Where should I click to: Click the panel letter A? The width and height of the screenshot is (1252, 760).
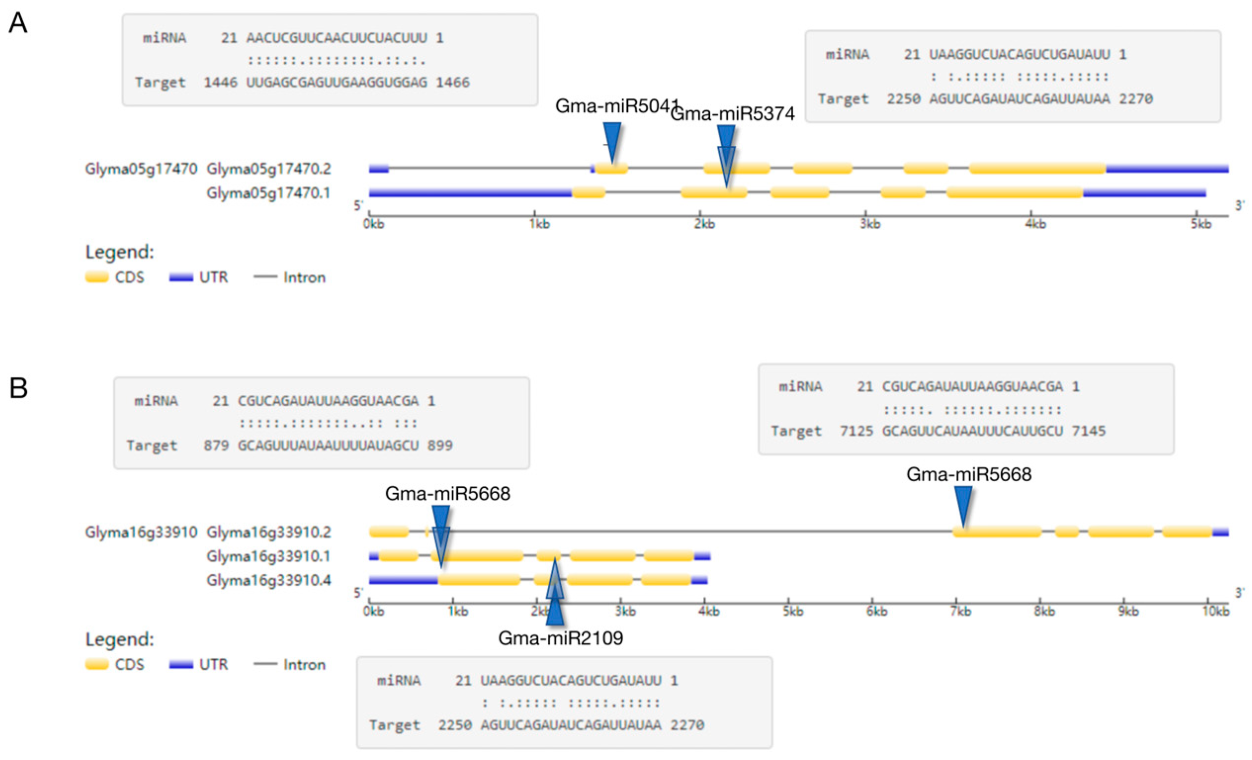pos(18,23)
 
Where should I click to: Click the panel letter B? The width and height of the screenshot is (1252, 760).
pos(18,387)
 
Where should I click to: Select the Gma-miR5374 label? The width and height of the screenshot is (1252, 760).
pos(733,114)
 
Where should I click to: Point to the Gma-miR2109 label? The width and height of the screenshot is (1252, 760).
pos(561,637)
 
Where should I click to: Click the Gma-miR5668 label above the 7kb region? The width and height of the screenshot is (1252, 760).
pos(969,474)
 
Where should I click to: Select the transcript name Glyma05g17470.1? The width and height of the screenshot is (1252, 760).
pos(268,193)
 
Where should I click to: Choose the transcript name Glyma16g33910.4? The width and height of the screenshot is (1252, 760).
pos(268,580)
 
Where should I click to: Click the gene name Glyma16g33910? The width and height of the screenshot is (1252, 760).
pos(141,532)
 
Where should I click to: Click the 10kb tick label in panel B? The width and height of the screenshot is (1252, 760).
pos(1215,611)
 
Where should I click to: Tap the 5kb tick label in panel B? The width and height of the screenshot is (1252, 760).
pos(793,611)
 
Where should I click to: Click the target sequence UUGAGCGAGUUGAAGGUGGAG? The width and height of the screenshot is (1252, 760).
pos(337,83)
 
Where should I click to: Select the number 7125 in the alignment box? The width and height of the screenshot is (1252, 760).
pos(856,431)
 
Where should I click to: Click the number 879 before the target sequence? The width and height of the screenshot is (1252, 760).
pos(216,446)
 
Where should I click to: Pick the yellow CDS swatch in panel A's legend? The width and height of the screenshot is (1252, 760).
pos(96,277)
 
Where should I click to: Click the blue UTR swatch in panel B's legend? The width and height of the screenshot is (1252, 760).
pos(181,665)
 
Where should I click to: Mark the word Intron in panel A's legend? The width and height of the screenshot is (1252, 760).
pos(304,277)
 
